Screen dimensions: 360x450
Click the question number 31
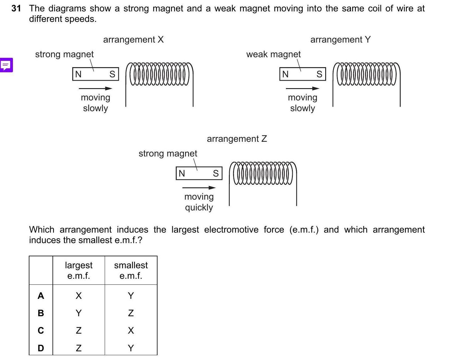[x=16, y=8]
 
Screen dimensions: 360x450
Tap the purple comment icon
[x=6, y=65]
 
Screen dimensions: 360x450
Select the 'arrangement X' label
[x=133, y=40]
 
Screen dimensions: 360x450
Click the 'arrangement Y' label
[x=340, y=40]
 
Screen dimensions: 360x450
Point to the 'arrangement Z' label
[x=237, y=139]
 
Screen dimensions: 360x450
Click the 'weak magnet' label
[x=273, y=54]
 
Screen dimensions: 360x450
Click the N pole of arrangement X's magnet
[x=78, y=74]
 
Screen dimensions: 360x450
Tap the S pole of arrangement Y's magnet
[x=319, y=74]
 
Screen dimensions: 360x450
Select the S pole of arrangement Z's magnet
[x=216, y=173]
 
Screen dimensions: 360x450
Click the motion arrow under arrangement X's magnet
[x=95, y=88]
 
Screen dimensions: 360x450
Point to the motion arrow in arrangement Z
[x=199, y=188]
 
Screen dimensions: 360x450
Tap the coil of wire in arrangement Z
[x=263, y=173]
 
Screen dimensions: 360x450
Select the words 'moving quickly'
[x=199, y=202]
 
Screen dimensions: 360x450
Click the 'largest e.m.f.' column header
[x=79, y=270]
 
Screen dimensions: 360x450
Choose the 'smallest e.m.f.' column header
[x=131, y=270]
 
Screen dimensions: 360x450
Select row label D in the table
[x=41, y=348]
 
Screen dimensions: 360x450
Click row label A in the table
[x=41, y=296]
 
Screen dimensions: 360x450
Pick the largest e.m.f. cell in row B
[x=79, y=313]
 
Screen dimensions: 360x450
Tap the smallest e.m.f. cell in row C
[x=131, y=331]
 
